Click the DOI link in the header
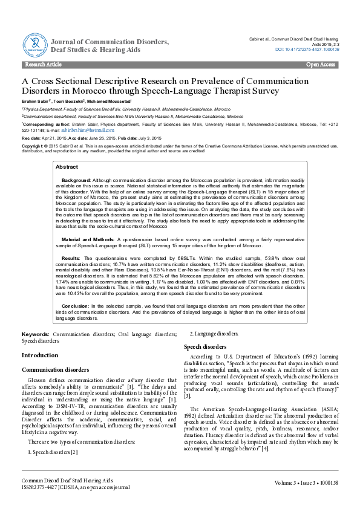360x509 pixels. pyautogui.click(x=307, y=49)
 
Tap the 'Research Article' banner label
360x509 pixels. pyautogui.click(x=43, y=64)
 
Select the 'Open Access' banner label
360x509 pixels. pyautogui.click(x=320, y=64)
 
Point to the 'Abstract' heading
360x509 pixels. pyautogui.click(x=67, y=166)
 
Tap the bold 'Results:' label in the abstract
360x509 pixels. pyautogui.click(x=71, y=258)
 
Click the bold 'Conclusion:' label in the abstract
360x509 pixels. pyautogui.click(x=75, y=306)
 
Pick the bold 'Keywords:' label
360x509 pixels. pyautogui.click(x=36, y=334)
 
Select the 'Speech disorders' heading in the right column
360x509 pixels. pyautogui.click(x=205, y=347)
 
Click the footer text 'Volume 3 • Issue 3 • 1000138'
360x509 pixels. pyautogui.click(x=306, y=482)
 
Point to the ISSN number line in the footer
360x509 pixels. pyautogui.click(x=76, y=486)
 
